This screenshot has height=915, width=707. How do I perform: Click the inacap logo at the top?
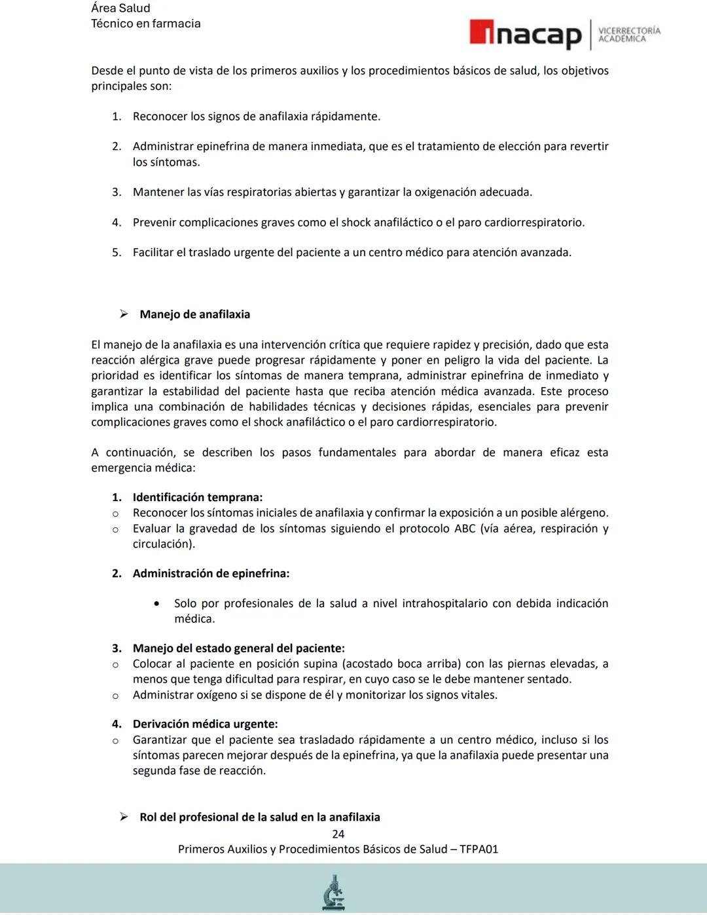pos(525,35)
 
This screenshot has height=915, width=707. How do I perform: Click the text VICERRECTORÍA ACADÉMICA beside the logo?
pos(629,35)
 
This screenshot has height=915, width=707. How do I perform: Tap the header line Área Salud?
pos(120,9)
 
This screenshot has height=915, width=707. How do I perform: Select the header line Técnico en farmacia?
pos(145,24)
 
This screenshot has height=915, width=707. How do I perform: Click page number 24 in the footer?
pos(338,834)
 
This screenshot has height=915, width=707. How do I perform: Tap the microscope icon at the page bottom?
pos(334,892)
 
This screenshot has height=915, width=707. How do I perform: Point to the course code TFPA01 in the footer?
pos(479,849)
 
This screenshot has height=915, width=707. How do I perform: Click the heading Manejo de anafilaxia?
pos(194,314)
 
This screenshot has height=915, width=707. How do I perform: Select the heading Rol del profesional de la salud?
pos(259,817)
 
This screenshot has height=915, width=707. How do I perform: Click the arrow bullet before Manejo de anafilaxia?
pos(124,314)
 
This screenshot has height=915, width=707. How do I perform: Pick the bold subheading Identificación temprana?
pos(197,497)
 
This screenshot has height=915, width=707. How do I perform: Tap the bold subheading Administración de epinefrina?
pos(211,573)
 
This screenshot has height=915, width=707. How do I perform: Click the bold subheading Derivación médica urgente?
pos(205,724)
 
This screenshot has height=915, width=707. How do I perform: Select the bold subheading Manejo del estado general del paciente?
pos(238,648)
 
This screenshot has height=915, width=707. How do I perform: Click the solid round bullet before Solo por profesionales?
pos(156,604)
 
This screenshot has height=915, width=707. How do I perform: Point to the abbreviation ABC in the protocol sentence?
pos(465,529)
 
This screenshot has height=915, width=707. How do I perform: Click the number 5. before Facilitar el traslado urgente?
pos(117,253)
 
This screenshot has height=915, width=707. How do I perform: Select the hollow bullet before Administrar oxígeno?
pos(115,696)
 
